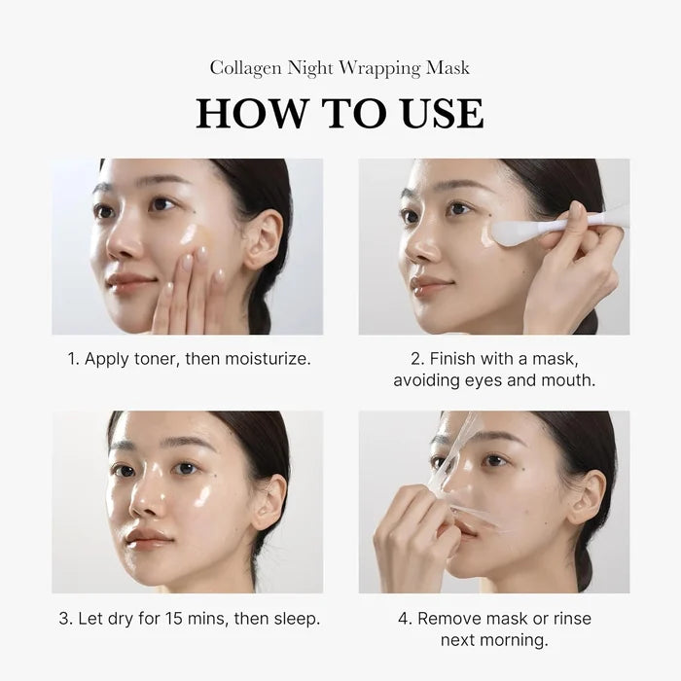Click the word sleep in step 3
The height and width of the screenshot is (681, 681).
click(297, 618)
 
